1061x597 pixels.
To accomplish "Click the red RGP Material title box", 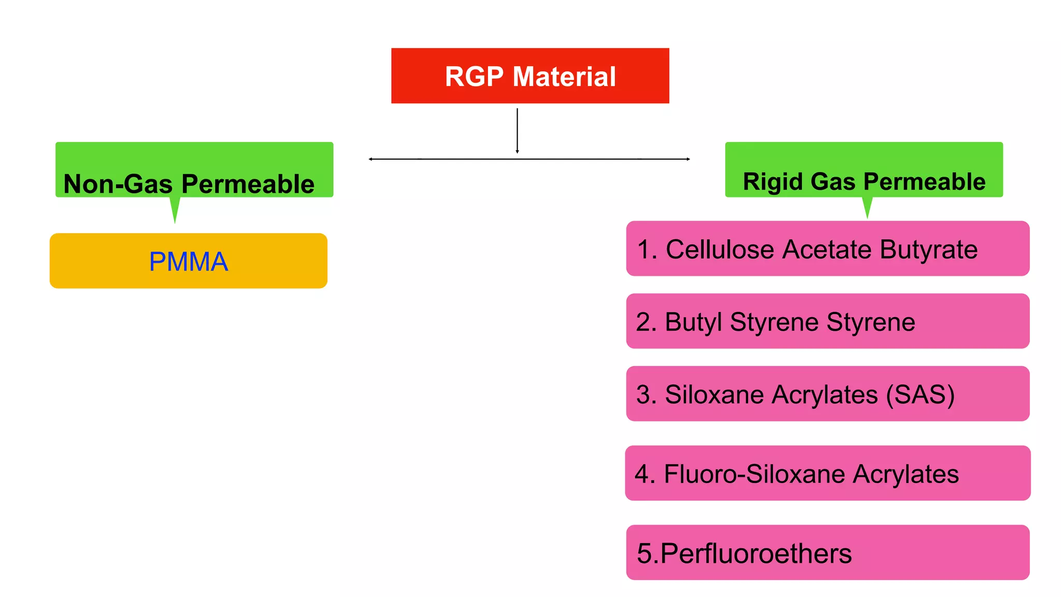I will pos(530,76).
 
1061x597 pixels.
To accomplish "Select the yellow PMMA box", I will pos(188,261).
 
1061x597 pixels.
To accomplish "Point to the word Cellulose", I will pos(720,249).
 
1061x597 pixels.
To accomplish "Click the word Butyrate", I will pos(928,250).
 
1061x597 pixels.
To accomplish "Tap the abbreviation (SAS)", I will pos(920,395).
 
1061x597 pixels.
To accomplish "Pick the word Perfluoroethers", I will pos(756,553).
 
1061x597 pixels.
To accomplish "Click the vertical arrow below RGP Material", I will pos(517,131).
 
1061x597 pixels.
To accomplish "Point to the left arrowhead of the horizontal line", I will pos(370,159).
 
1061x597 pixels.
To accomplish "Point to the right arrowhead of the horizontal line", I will pos(688,159).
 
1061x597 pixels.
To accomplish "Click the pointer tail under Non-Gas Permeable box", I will pos(175,211).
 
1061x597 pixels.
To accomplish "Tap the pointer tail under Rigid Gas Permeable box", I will pos(867,208).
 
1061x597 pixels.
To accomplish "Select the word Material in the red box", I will pos(564,77).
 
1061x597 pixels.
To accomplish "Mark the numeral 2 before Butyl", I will pos(642,322).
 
